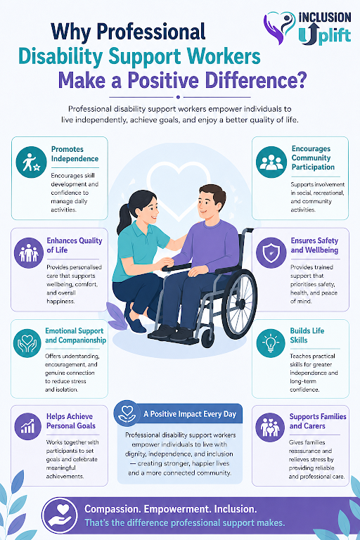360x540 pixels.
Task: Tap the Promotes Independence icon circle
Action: coord(32,162)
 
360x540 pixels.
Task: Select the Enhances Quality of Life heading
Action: coord(75,245)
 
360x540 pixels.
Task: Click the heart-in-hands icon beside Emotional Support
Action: coord(27,343)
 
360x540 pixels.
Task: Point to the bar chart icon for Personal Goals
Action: coord(28,426)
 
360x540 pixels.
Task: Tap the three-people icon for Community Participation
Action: coord(271,162)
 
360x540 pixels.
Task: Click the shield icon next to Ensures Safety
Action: coord(271,253)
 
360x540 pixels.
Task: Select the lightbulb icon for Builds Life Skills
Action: coord(271,343)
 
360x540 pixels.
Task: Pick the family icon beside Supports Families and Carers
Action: coord(270,427)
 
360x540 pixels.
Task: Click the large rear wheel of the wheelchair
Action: coord(240,303)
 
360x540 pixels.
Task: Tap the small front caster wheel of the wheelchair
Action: coord(207,338)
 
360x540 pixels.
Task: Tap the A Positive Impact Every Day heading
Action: coord(190,414)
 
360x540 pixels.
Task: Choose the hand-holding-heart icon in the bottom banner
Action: coord(60,515)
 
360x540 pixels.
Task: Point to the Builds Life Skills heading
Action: coord(307,335)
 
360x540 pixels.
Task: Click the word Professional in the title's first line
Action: coord(151,32)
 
